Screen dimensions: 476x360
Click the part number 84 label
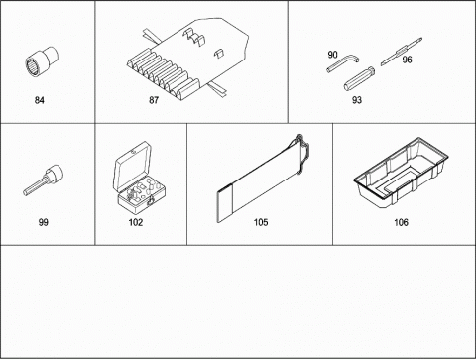[40, 100]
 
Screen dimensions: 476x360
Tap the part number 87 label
[154, 100]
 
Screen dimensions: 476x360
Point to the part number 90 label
[332, 55]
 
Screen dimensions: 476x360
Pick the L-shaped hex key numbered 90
[342, 63]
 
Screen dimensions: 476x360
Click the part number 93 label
[357, 100]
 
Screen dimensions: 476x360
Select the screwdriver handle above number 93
[359, 78]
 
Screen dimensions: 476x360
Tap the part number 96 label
[407, 60]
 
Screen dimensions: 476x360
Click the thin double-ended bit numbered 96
[401, 52]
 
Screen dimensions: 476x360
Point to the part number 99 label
[44, 222]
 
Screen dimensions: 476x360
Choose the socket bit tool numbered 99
[44, 180]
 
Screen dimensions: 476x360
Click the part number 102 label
[136, 222]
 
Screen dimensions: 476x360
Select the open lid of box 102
[132, 167]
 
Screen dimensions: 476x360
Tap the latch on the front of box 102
[151, 201]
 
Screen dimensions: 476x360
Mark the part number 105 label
[261, 222]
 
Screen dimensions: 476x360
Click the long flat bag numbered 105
[264, 179]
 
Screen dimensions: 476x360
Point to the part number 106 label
[401, 222]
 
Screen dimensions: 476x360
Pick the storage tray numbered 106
[401, 173]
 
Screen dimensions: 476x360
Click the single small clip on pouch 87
[218, 53]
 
